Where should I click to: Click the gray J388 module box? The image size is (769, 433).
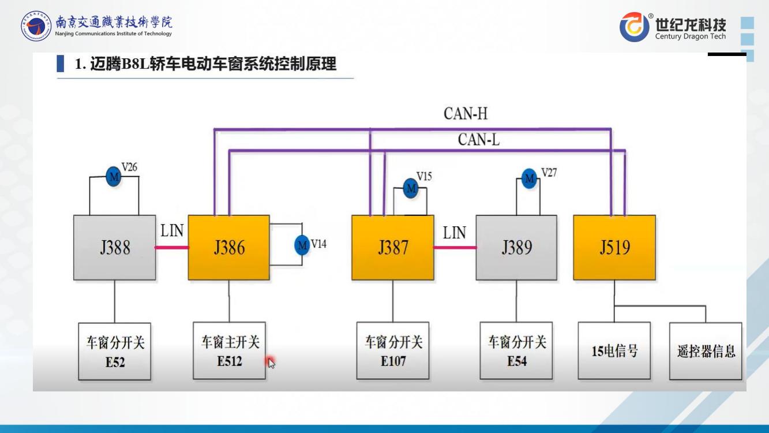pos(114,248)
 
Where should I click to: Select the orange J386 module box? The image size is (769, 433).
pos(229,248)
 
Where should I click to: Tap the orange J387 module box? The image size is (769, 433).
pos(393,248)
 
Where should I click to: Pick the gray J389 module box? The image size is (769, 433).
pos(516,248)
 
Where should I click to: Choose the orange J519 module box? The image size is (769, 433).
pos(614,248)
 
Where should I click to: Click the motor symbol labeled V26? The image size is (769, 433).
pos(114,177)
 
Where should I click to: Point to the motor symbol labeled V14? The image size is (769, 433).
pos(302,245)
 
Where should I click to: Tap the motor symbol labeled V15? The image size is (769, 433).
pos(411,188)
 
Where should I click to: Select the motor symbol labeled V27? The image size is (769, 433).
pos(529,178)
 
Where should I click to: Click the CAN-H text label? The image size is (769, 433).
pos(466,114)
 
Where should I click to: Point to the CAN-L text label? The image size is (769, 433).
pos(479,140)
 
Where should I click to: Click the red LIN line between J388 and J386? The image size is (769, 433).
pos(171,248)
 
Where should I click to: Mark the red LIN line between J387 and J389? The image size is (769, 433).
pos(455,248)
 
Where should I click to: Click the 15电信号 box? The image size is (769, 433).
pos(614,351)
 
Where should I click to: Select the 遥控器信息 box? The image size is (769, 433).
pos(706,351)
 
